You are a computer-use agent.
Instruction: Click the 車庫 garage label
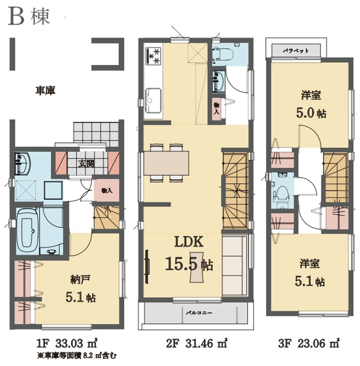coord(45,91)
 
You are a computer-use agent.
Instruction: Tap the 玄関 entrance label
coord(86,163)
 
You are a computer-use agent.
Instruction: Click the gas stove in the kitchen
coord(153,56)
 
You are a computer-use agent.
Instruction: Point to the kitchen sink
coord(153,100)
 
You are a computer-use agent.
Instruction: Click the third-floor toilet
coord(282,194)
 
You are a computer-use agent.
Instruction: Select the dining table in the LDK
coord(166,163)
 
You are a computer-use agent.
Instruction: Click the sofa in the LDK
coord(234,266)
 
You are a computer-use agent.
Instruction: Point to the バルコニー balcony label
coord(199,312)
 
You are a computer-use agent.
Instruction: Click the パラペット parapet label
coord(296,50)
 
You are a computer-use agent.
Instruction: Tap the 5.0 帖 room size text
coord(311,113)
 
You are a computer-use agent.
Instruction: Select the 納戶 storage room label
coord(80,279)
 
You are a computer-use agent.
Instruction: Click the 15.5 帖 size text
coord(189,264)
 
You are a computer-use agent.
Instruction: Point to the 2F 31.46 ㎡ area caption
coord(197,343)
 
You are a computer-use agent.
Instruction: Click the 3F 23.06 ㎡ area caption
coord(309,343)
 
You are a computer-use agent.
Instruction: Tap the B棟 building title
coord(29,17)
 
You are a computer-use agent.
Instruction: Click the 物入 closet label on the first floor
coord(107,190)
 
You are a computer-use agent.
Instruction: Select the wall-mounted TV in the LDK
coord(147,266)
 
